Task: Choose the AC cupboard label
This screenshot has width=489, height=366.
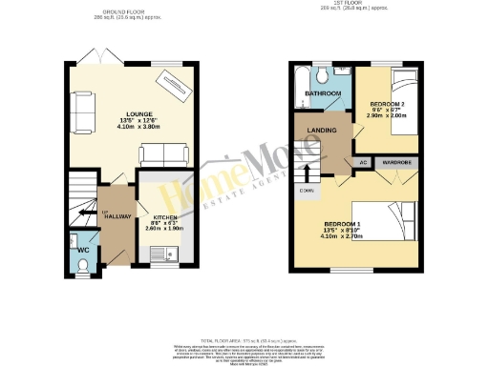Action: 364,163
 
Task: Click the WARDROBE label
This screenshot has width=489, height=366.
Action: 398,163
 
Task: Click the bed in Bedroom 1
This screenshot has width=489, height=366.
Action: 392,225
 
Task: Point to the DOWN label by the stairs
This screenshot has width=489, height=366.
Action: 307,191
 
